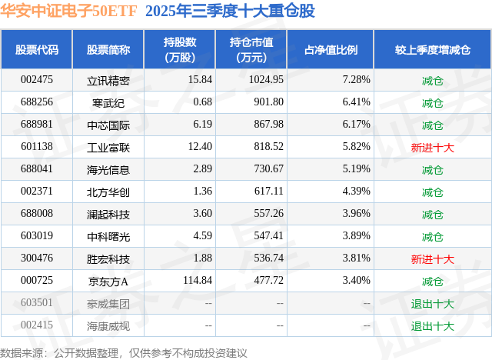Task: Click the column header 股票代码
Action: [x=36, y=50]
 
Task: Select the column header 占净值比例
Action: [x=336, y=50]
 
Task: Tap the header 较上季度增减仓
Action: [x=432, y=50]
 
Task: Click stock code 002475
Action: [x=37, y=80]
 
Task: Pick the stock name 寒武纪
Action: [x=108, y=102]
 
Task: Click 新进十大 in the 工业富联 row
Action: [x=432, y=147]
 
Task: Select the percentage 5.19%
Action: [x=356, y=169]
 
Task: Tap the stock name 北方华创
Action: [x=108, y=192]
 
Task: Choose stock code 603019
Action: [x=37, y=236]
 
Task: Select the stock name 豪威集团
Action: [x=108, y=303]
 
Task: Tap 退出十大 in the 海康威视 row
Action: [x=432, y=325]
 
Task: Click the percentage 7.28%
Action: [x=356, y=80]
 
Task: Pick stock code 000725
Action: [x=37, y=281]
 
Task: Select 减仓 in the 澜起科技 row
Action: [x=432, y=214]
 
